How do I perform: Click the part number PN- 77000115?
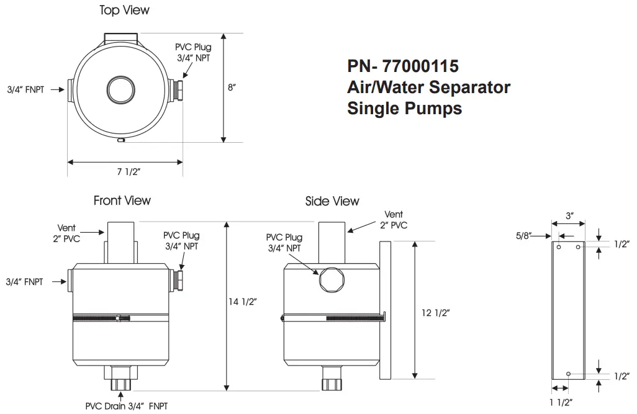pos(402,66)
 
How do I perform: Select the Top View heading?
pos(124,11)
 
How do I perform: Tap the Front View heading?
pos(122,200)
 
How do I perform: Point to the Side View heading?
pos(332,201)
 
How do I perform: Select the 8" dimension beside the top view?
pos(232,88)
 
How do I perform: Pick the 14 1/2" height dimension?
pos(243,302)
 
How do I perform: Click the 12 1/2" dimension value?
pos(435,313)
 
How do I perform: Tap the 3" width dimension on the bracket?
pos(569,215)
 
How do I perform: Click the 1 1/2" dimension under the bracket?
pos(561,402)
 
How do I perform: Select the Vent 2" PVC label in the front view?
pos(66,233)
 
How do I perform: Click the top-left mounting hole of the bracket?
pos(559,247)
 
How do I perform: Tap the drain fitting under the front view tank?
pos(120,378)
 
